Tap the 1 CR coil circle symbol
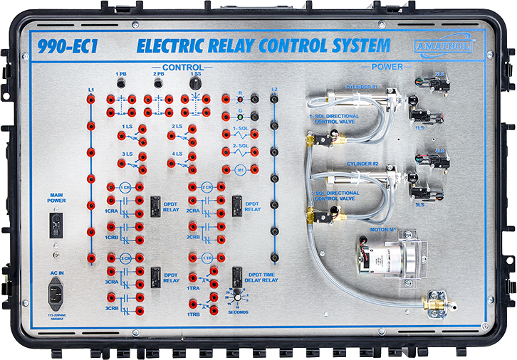(125, 187)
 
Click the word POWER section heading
(386, 67)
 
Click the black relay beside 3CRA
(155, 274)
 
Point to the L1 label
(91, 90)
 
